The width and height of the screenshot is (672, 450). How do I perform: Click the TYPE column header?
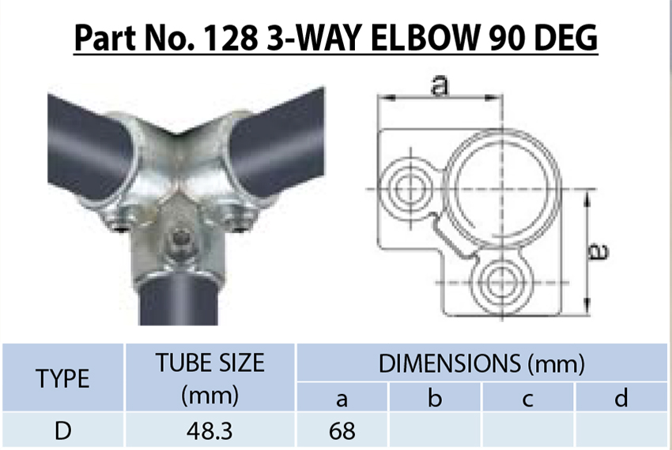62,378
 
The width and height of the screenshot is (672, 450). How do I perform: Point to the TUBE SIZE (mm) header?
210,378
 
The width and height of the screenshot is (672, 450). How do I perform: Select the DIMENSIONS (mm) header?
481,363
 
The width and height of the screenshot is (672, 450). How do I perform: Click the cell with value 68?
342,431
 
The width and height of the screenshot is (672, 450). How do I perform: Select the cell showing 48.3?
210,431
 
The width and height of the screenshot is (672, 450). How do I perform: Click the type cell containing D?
62,431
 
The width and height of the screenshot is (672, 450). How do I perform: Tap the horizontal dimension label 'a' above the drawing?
440,86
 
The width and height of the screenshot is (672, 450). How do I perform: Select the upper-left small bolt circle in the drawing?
410,189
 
